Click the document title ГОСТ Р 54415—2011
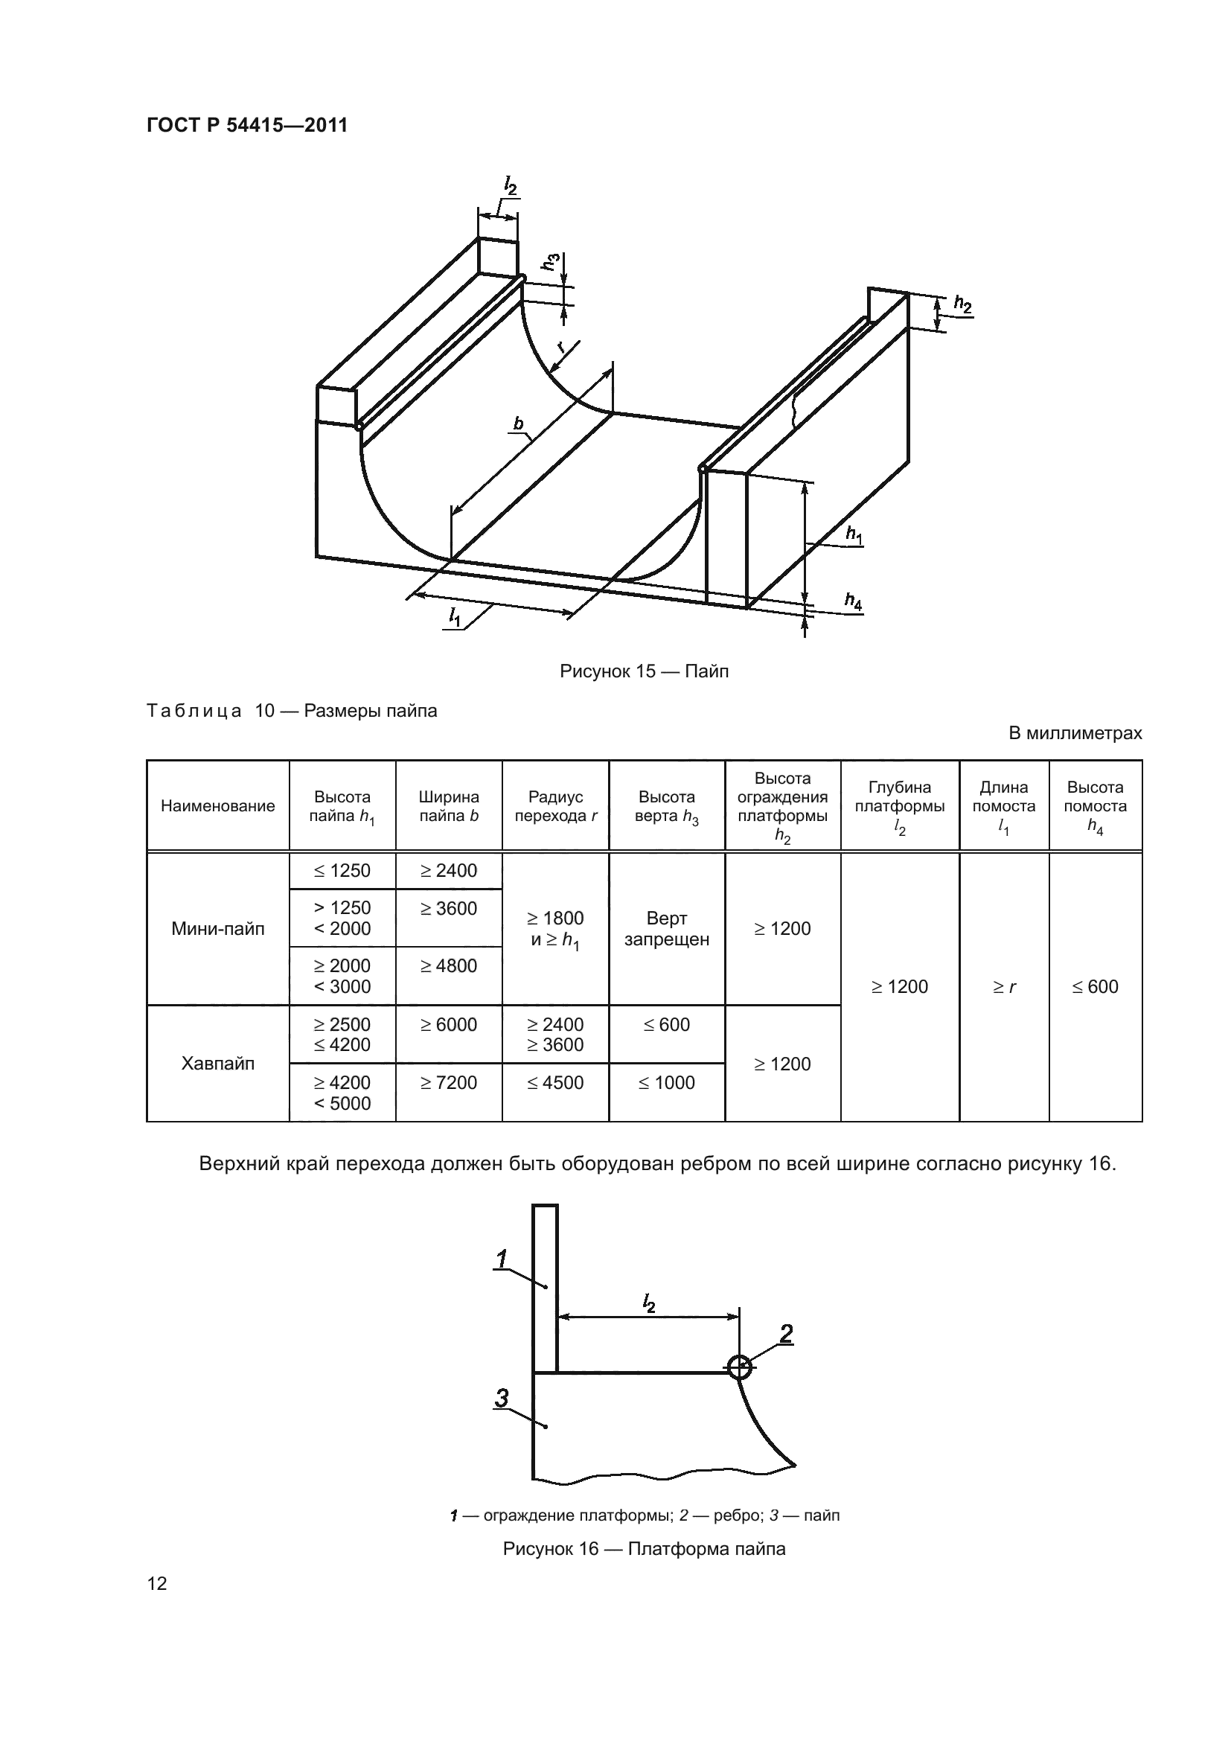247,125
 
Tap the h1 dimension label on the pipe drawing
855,534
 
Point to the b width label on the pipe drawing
519,423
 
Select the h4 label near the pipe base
854,601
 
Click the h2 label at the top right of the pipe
962,304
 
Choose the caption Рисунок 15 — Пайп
644,671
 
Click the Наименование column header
217,806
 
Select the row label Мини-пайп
217,929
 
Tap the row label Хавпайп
217,1063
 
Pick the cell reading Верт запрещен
666,929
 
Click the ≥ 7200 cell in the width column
449,1083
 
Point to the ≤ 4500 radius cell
555,1083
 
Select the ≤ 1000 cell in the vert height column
666,1083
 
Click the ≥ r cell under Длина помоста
1003,986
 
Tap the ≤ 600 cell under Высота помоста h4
1095,986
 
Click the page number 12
157,1584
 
